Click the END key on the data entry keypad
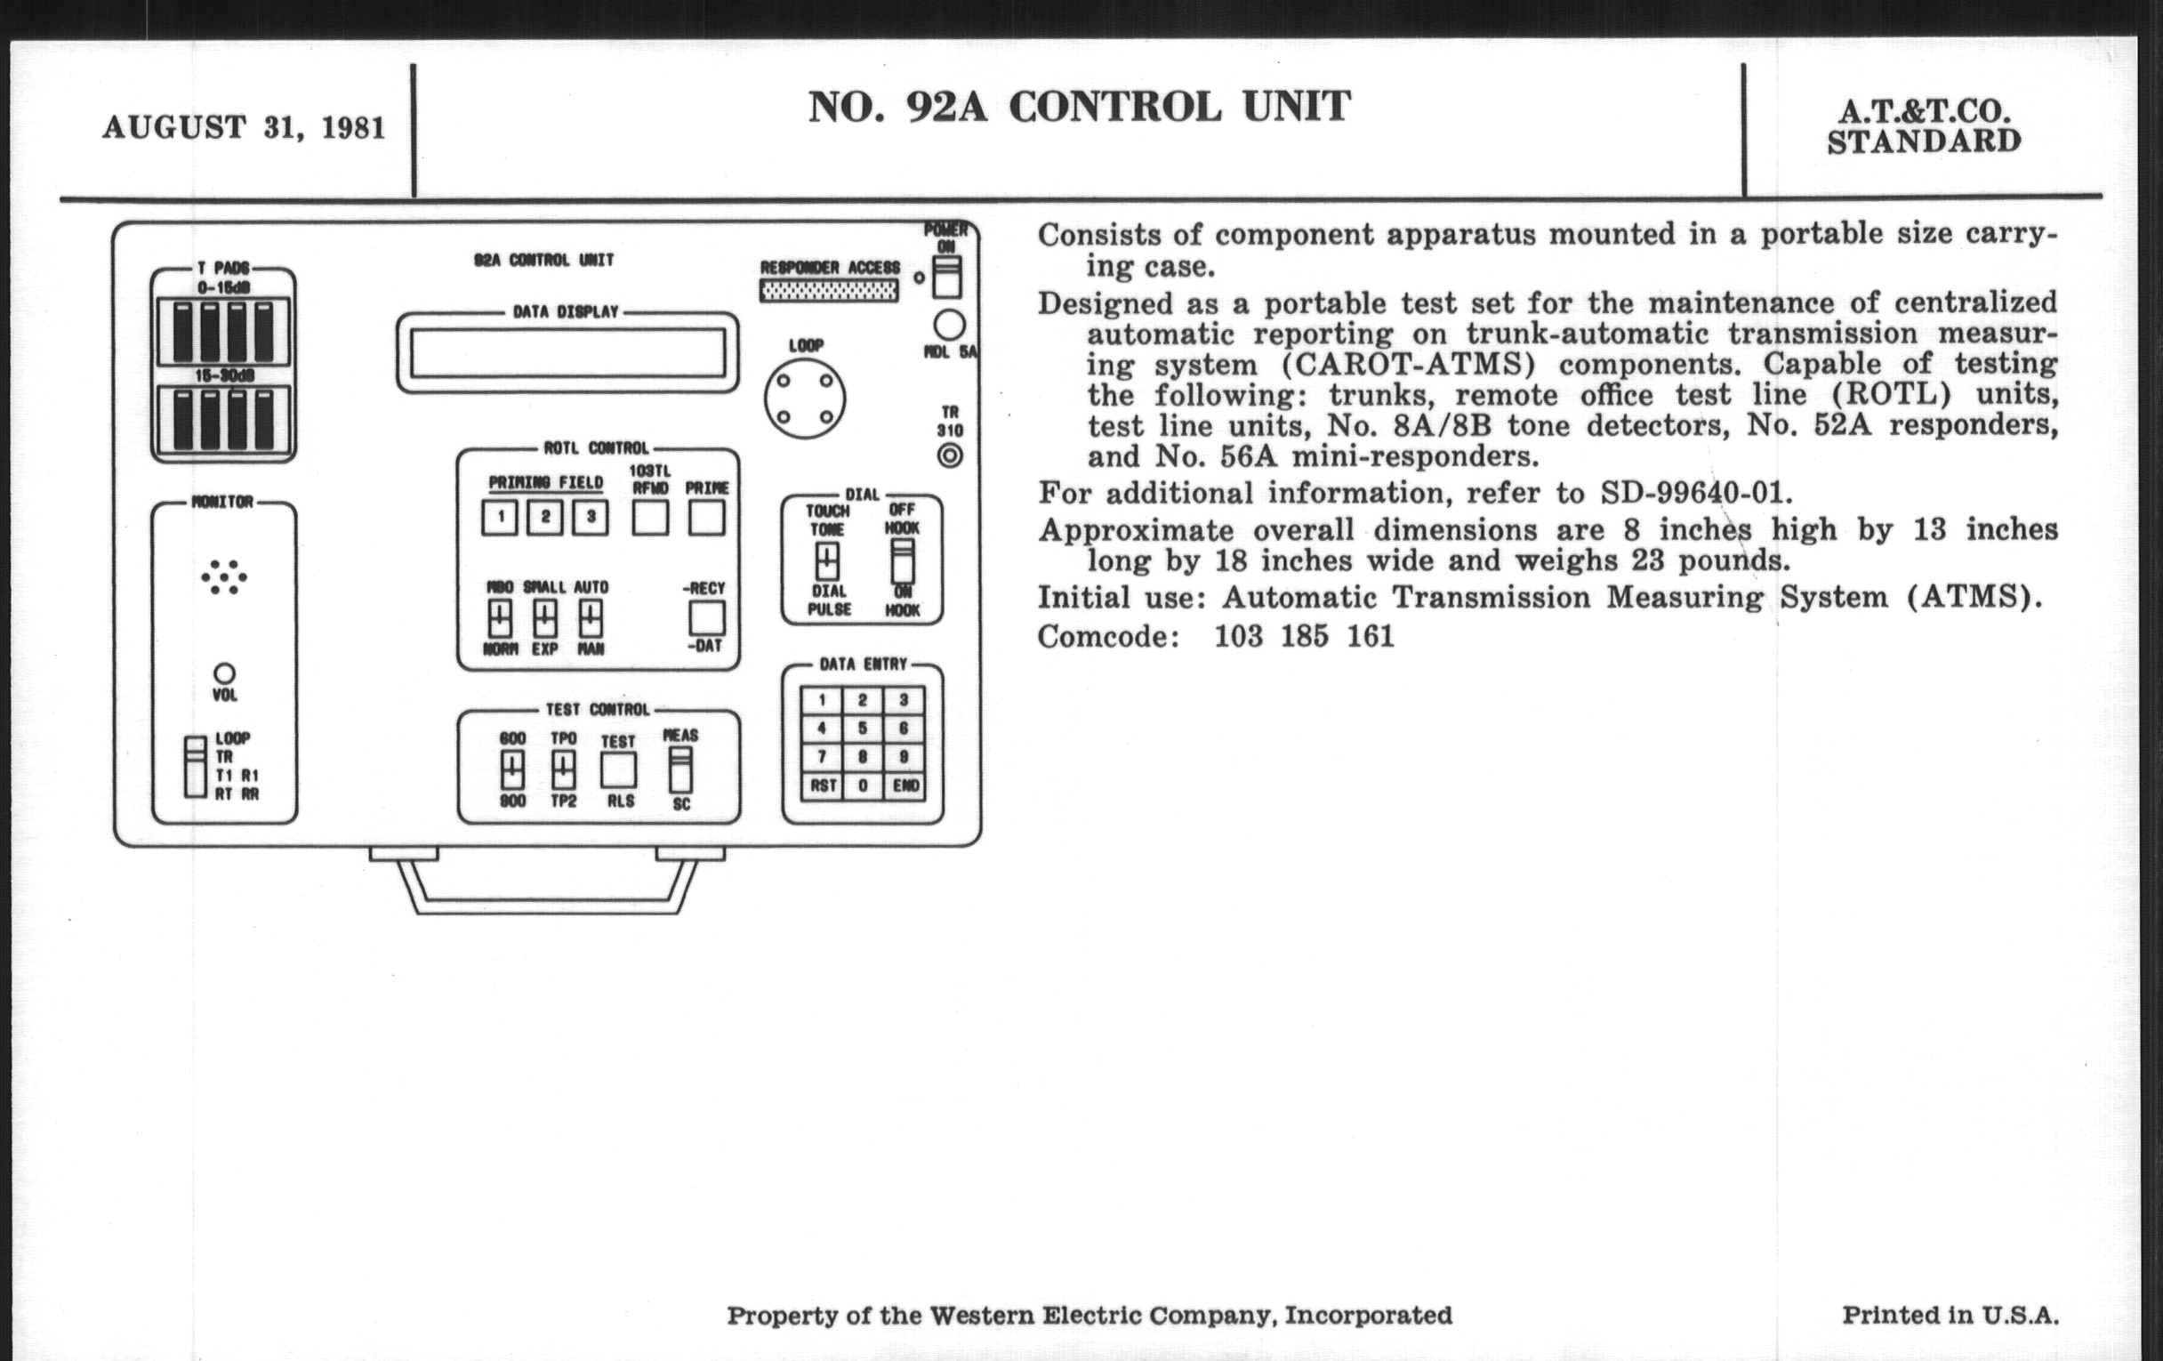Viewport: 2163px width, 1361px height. click(x=905, y=786)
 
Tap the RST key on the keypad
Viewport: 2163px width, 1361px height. click(x=822, y=786)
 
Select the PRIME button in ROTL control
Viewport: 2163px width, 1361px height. click(x=706, y=518)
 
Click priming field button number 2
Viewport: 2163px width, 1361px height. click(x=544, y=518)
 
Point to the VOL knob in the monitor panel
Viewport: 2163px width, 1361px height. click(x=224, y=672)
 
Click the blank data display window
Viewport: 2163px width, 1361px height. click(x=567, y=352)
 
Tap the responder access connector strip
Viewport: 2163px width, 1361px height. click(x=828, y=291)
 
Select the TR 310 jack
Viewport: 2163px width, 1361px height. click(x=950, y=455)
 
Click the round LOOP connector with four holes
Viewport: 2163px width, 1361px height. click(x=805, y=399)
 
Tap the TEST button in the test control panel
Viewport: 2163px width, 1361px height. click(x=618, y=769)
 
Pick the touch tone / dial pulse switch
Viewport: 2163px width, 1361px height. click(x=827, y=560)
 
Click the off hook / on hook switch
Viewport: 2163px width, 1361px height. click(x=902, y=560)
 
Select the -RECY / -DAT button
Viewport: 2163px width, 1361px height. click(x=706, y=617)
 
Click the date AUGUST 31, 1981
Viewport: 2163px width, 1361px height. click(x=244, y=127)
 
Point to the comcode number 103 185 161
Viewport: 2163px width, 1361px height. click(x=1304, y=637)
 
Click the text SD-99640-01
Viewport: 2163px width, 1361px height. click(x=1697, y=493)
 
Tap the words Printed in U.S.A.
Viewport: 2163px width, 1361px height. click(x=1950, y=1315)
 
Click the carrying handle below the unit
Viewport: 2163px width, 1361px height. click(x=546, y=902)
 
